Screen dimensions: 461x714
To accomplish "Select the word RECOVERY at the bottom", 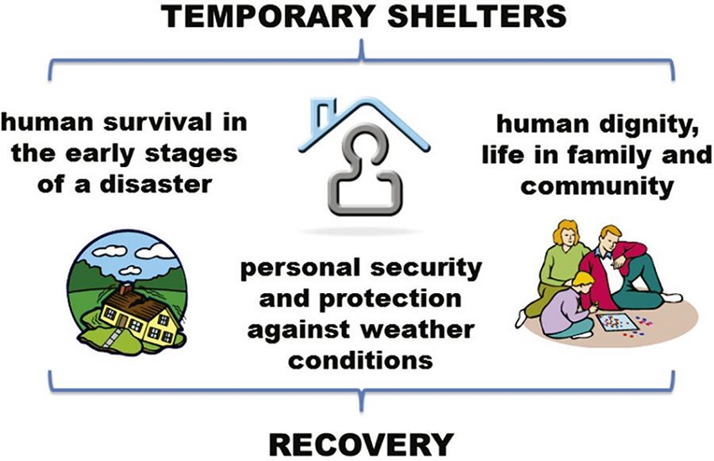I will (x=360, y=442).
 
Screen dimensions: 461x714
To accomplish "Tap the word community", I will (x=596, y=184).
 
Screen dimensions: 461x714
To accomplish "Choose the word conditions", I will (x=361, y=359).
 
